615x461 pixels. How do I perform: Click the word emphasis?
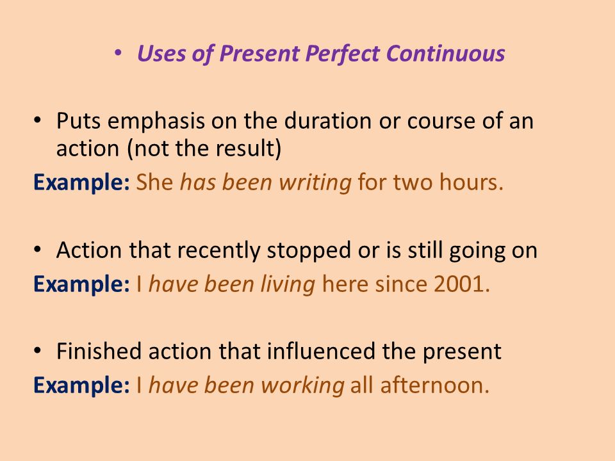pos(156,122)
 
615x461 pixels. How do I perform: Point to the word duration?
pos(328,120)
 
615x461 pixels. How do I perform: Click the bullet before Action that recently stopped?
pos(37,249)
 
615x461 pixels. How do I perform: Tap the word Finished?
pos(99,351)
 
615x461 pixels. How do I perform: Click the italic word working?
pos(303,385)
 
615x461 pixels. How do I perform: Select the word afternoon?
pos(434,385)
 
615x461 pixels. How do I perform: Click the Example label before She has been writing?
pos(81,182)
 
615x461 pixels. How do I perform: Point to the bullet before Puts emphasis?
pos(37,120)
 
